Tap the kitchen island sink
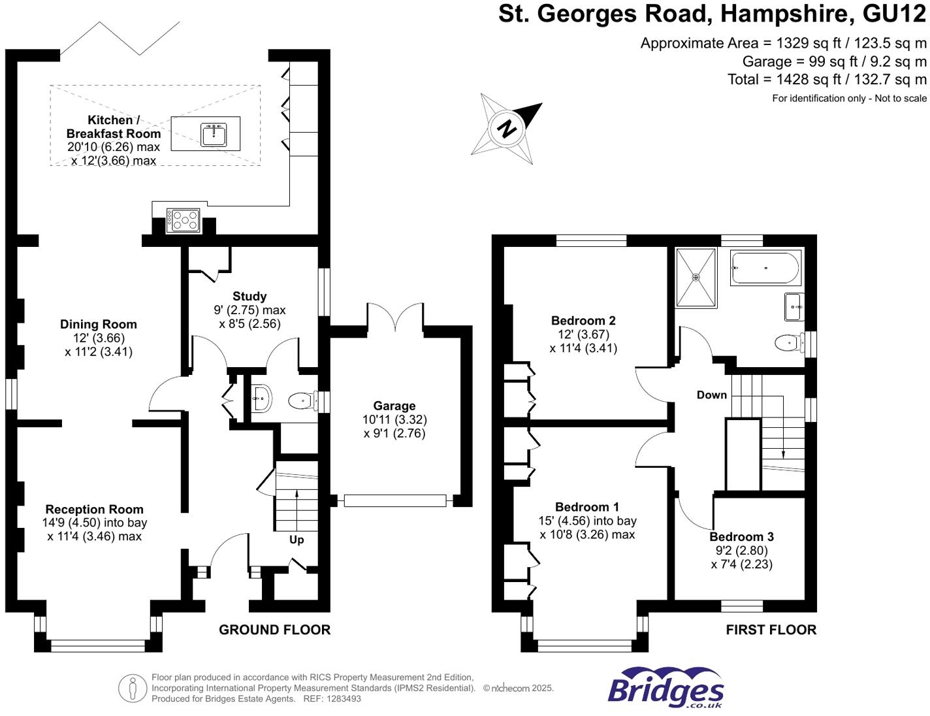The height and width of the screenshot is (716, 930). tap(214, 134)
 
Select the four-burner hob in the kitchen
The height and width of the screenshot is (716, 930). tap(183, 220)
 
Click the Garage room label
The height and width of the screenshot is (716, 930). tap(394, 406)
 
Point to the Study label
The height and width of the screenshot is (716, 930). tap(249, 296)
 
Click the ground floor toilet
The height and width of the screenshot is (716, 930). tap(301, 401)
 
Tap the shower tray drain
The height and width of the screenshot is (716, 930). tap(696, 278)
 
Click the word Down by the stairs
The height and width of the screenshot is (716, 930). tap(712, 395)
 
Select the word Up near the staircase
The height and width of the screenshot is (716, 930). tap(297, 540)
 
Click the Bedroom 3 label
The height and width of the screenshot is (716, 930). tap(742, 537)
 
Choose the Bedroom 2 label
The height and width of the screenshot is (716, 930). tap(583, 321)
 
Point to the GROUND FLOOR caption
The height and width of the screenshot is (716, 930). tap(274, 630)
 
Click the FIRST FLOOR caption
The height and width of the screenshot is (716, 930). tap(771, 630)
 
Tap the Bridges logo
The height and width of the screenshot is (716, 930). tap(665, 689)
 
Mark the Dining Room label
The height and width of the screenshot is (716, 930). tap(99, 324)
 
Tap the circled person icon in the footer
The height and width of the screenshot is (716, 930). tap(133, 689)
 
